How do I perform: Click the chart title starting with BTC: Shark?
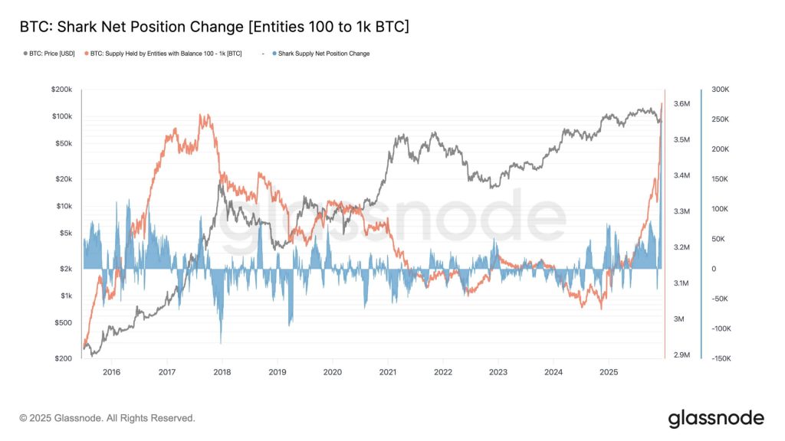(x=214, y=28)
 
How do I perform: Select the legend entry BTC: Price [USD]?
(x=51, y=54)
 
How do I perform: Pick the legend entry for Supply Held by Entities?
(x=166, y=54)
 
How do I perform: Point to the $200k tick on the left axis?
(x=61, y=90)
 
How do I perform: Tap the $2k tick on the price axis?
(x=65, y=269)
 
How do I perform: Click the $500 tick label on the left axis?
(x=64, y=322)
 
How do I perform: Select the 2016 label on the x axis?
(x=111, y=372)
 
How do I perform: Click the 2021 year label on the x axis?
(x=387, y=372)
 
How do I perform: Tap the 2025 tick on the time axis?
(x=608, y=372)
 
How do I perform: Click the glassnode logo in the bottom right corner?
(x=715, y=418)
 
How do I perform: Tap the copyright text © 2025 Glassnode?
(x=107, y=418)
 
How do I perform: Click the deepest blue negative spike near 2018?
(x=221, y=341)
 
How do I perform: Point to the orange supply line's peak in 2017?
(x=202, y=116)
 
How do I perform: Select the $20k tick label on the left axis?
(x=63, y=179)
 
